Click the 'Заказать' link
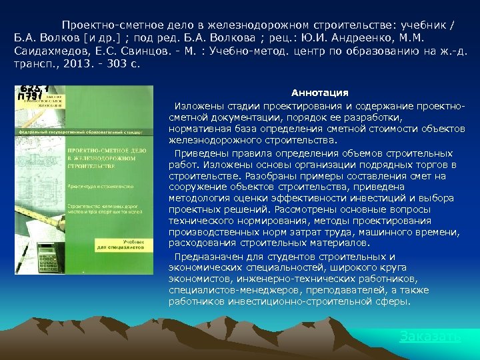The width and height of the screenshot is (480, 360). pyautogui.click(x=430, y=337)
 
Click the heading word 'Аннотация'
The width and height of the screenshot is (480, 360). pyautogui.click(x=320, y=93)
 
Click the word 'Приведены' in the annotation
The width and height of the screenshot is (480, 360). pyautogui.click(x=197, y=153)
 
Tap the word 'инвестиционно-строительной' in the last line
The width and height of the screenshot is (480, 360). pyautogui.click(x=283, y=301)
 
